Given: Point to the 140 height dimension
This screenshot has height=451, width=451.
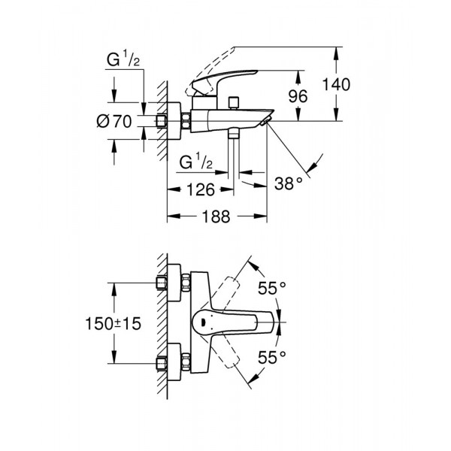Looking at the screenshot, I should (x=335, y=84).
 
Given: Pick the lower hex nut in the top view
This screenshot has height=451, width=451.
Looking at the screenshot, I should (x=160, y=365).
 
